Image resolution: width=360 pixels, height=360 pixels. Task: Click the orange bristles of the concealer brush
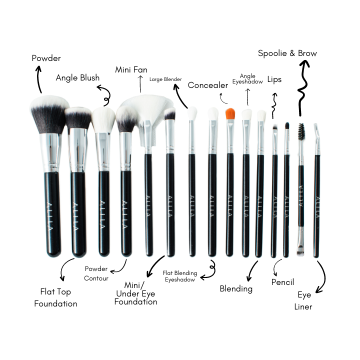pyautogui.click(x=230, y=114)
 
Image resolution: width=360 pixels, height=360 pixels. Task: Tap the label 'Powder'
pyautogui.click(x=46, y=58)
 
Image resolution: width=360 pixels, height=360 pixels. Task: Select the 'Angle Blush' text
pyautogui.click(x=77, y=78)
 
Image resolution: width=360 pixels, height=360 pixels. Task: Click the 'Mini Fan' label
pyautogui.click(x=131, y=69)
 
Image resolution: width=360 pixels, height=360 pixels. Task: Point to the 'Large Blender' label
pyautogui.click(x=165, y=79)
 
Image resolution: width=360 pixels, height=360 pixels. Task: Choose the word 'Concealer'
pyautogui.click(x=208, y=85)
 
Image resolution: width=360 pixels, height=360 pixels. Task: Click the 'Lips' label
pyautogui.click(x=274, y=79)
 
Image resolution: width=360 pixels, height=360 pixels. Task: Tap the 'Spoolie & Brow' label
pyautogui.click(x=287, y=53)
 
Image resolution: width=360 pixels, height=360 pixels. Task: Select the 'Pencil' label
pyautogui.click(x=282, y=282)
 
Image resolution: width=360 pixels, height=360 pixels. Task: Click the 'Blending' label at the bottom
pyautogui.click(x=236, y=288)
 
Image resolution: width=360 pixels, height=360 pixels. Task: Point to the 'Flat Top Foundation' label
pyautogui.click(x=55, y=297)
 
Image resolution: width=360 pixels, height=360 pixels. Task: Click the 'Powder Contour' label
pyautogui.click(x=96, y=273)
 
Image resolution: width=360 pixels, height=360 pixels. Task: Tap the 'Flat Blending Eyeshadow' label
pyautogui.click(x=180, y=276)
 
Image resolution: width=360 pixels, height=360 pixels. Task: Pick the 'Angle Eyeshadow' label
pyautogui.click(x=247, y=78)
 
